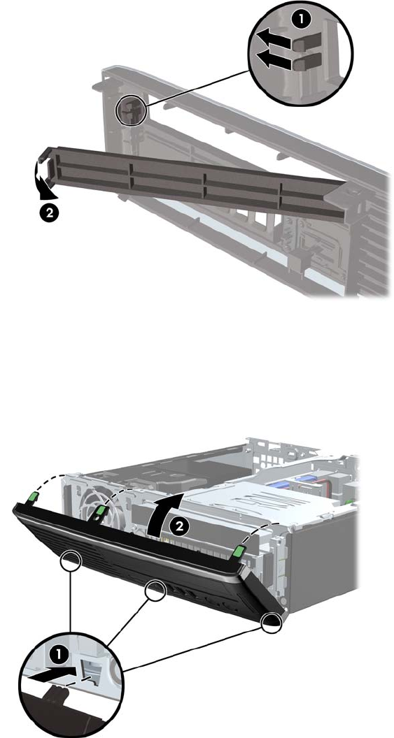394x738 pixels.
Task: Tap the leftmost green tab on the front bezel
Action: (x=32, y=496)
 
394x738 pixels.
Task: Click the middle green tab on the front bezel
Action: (x=100, y=511)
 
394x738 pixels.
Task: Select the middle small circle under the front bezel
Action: (x=155, y=591)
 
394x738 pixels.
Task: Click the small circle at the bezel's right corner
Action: (x=271, y=622)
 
